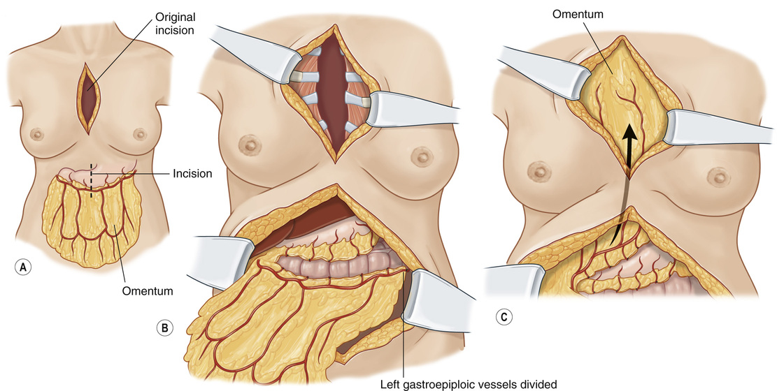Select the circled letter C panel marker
pos(502,316)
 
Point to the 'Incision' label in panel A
pos(192,173)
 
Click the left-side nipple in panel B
pos(248,147)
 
